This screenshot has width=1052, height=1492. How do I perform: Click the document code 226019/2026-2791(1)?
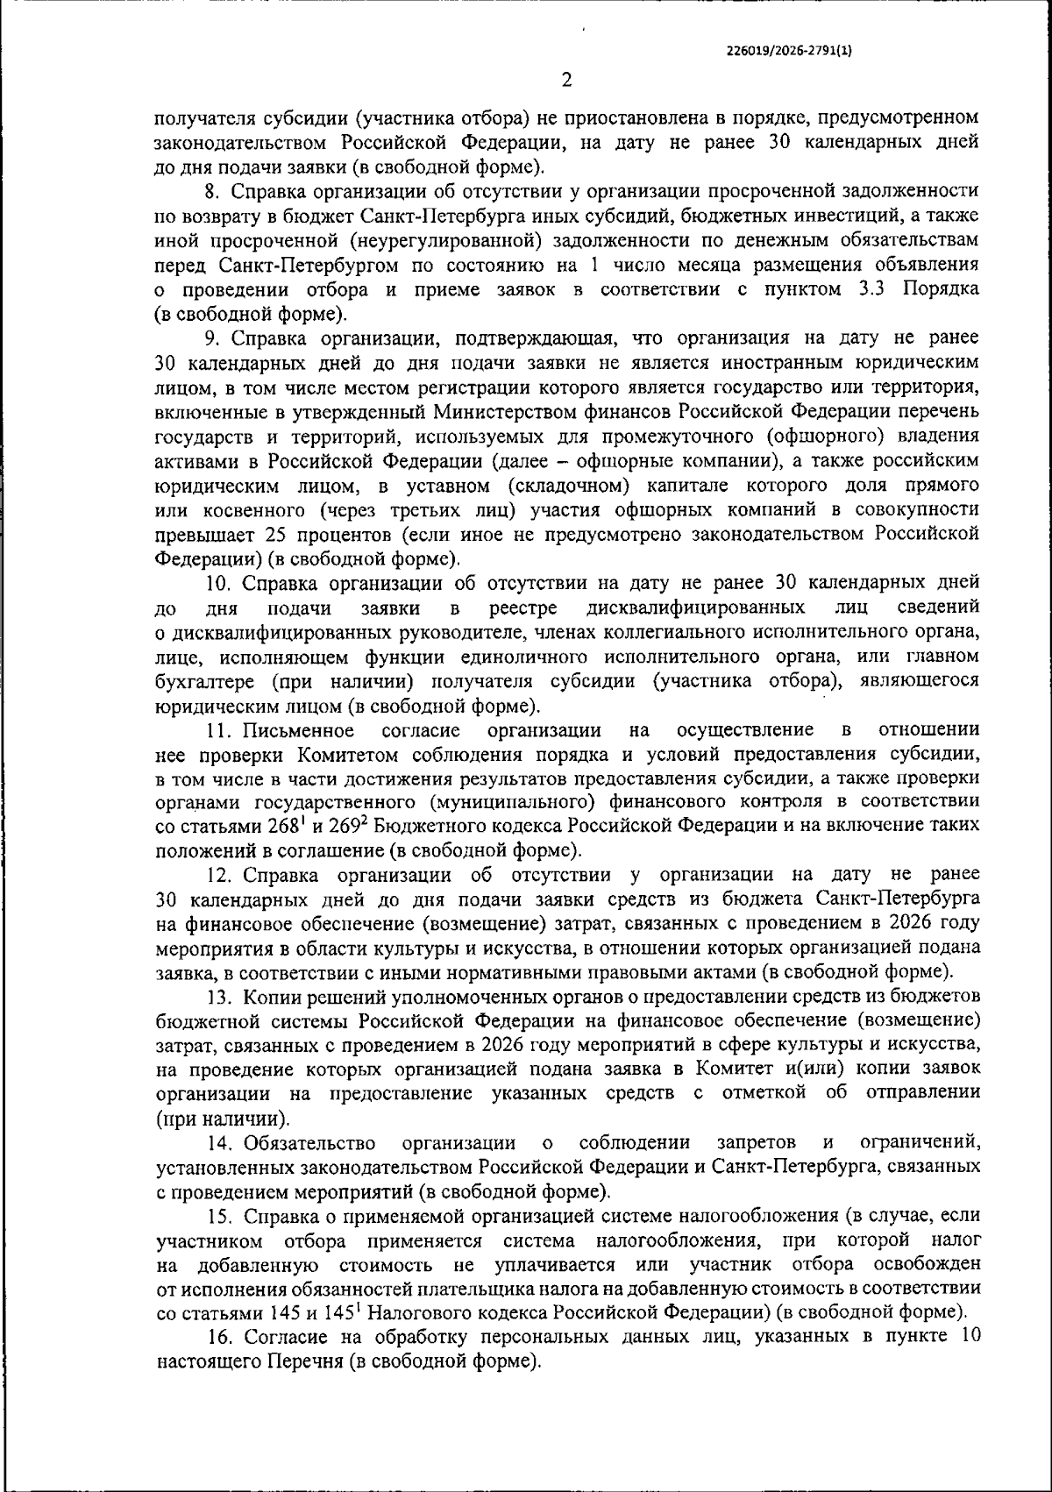[790, 50]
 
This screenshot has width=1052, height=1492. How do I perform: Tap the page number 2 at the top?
[566, 80]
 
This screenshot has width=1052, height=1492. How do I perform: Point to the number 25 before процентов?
[272, 534]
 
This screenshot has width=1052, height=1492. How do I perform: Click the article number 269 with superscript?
[333, 826]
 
